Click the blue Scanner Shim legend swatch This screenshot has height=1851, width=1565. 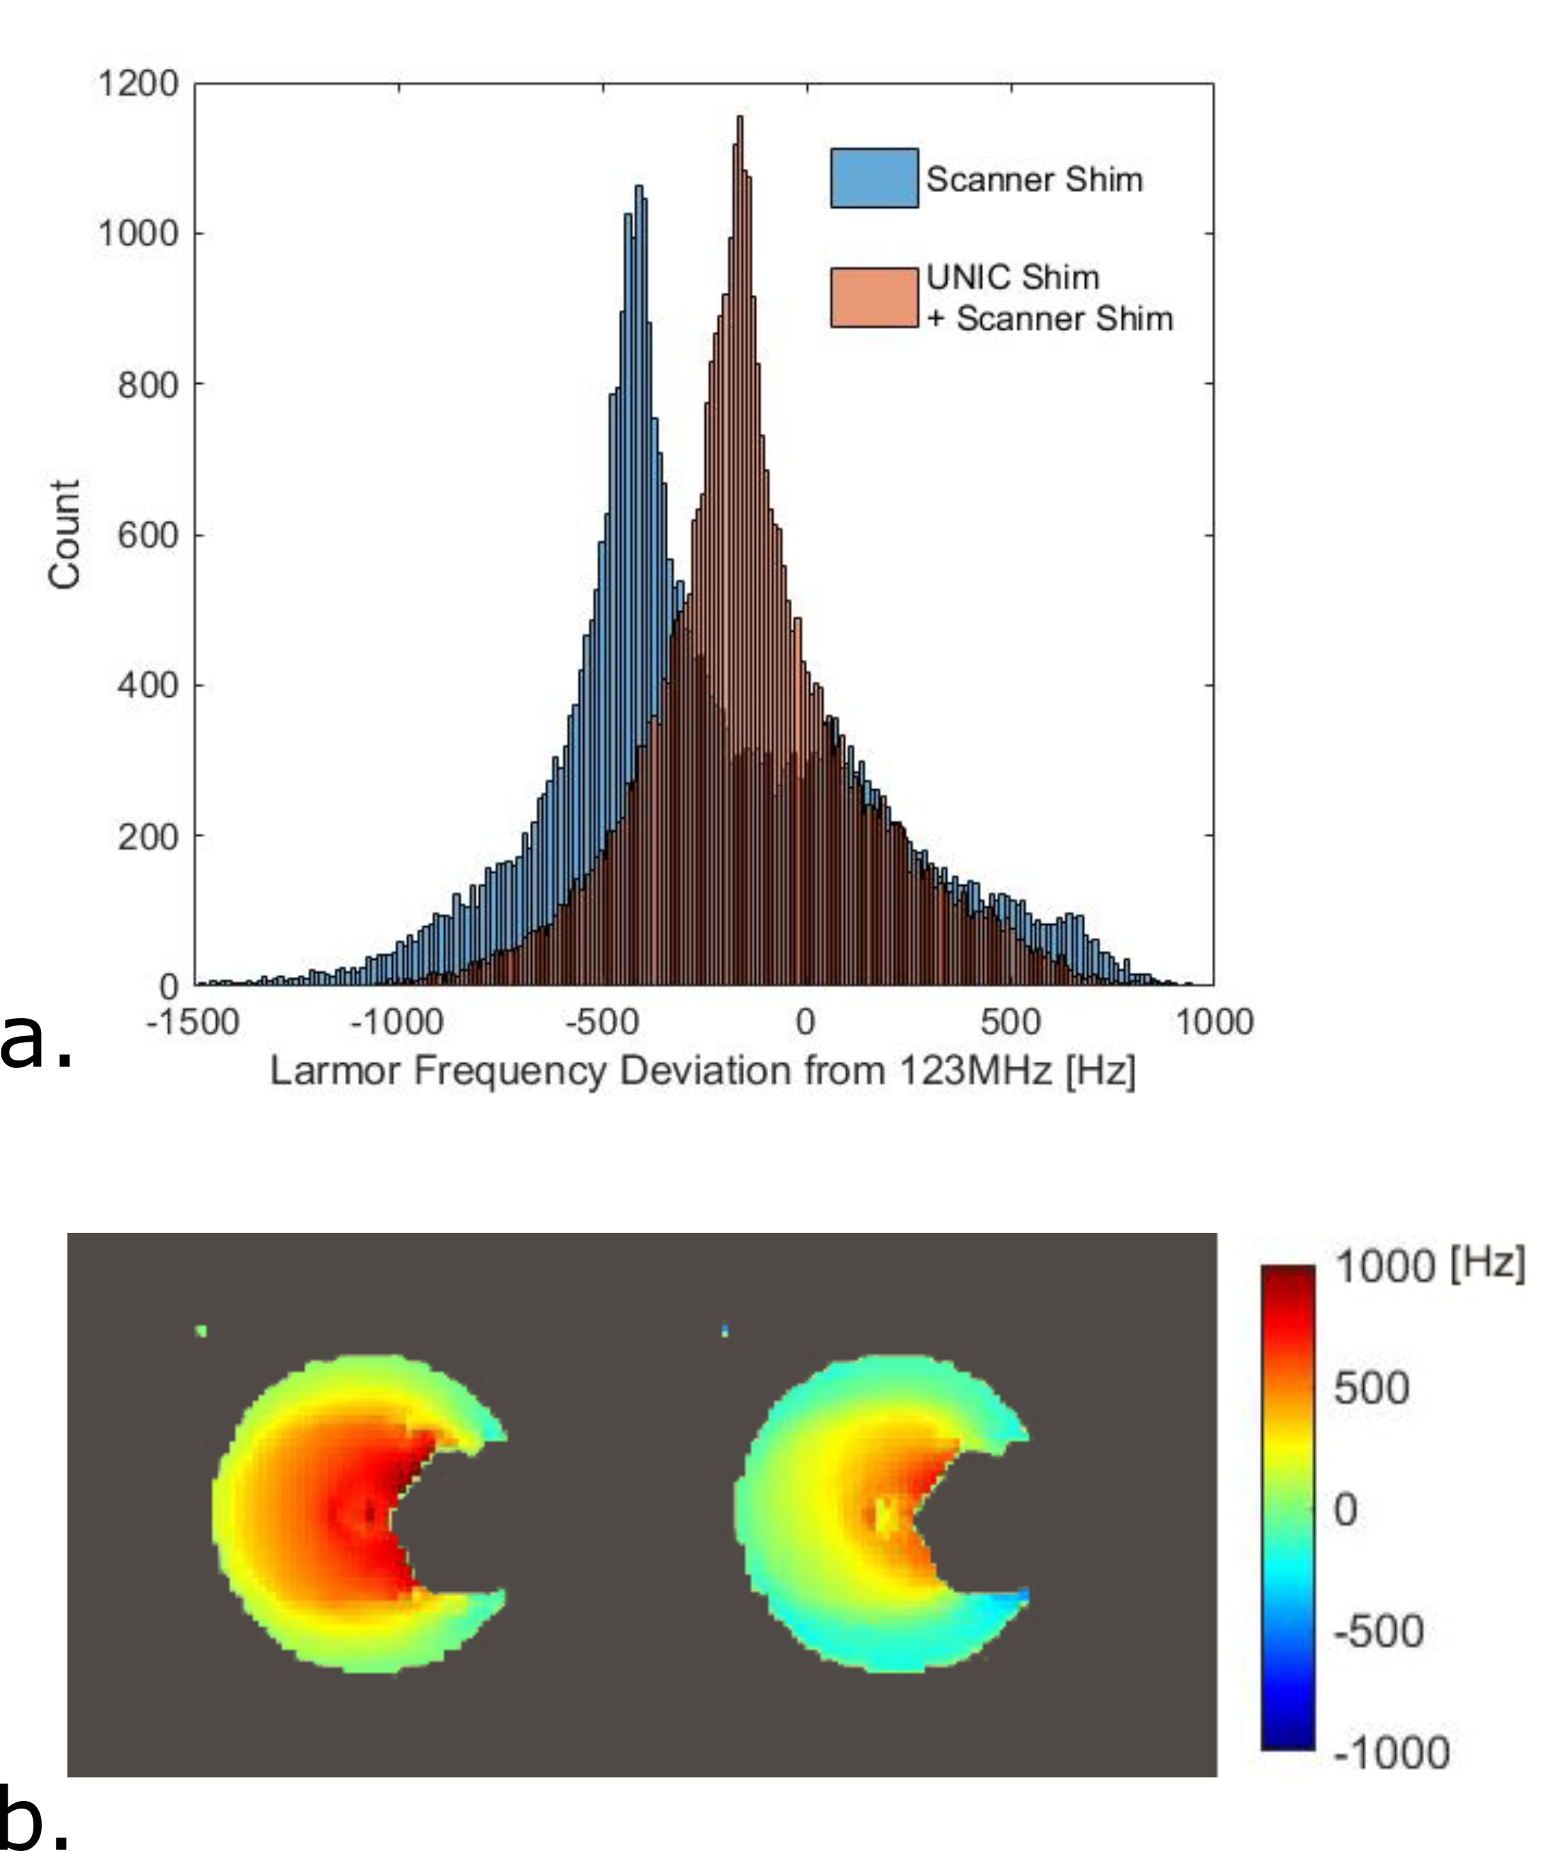(x=874, y=179)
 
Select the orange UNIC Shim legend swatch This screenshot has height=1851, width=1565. (x=874, y=298)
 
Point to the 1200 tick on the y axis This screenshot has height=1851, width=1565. (x=138, y=84)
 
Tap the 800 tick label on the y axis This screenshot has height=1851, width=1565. (x=147, y=385)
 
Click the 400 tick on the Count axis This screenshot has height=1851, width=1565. (x=147, y=686)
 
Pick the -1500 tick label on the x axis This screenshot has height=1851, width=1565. (x=193, y=1022)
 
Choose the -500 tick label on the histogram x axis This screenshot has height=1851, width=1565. (x=602, y=1022)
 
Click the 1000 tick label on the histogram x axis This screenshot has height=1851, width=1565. (x=1214, y=1022)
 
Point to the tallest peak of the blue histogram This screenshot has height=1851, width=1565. (x=639, y=189)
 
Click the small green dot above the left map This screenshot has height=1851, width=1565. (x=202, y=1330)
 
